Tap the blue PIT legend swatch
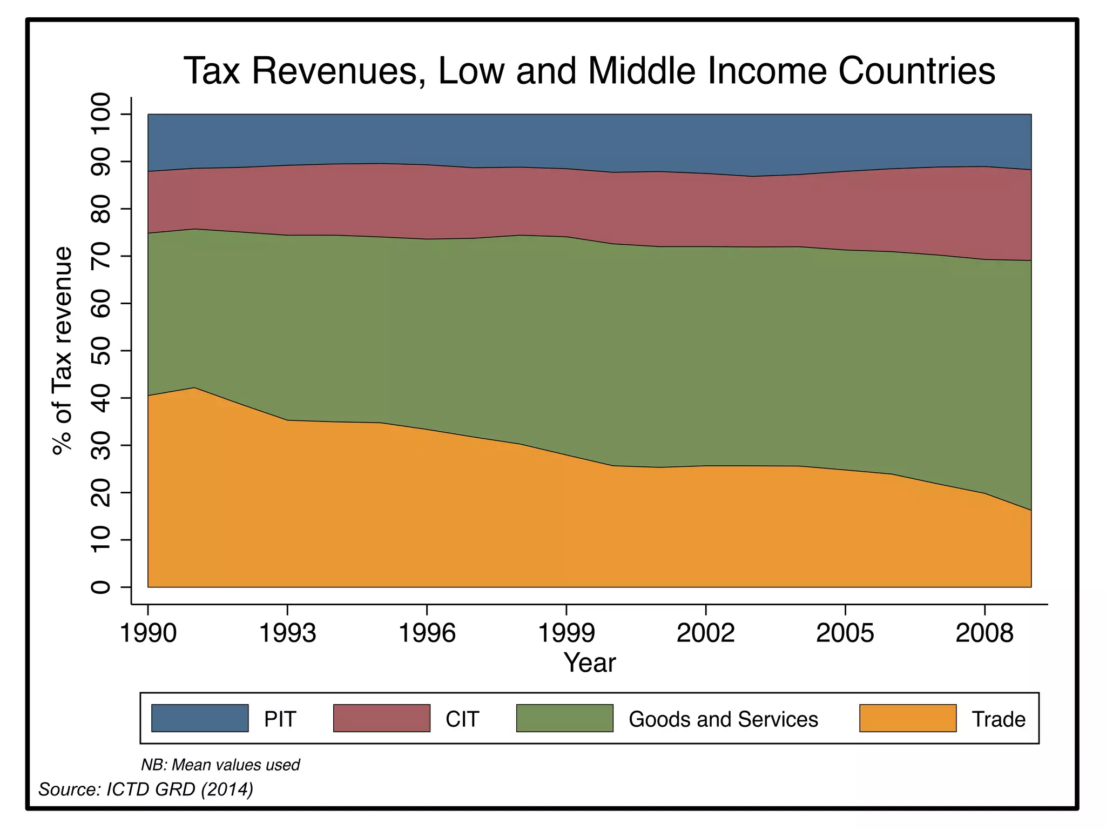coord(200,718)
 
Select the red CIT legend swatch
coord(382,718)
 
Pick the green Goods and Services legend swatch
coord(564,718)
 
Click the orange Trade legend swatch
coord(908,718)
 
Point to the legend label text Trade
coord(999,719)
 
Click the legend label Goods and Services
coord(723,719)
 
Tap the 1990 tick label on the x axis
coord(148,633)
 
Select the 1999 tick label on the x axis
coord(567,633)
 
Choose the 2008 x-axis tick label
coord(984,633)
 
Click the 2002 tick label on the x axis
coord(706,633)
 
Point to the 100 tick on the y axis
coord(101,115)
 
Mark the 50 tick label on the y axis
coord(101,351)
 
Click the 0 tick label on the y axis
coord(101,587)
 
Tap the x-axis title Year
coord(589,662)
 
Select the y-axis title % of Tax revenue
coord(63,351)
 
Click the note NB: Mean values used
coord(220,765)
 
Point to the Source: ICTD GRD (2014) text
coord(146,789)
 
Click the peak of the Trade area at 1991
coord(194,388)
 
